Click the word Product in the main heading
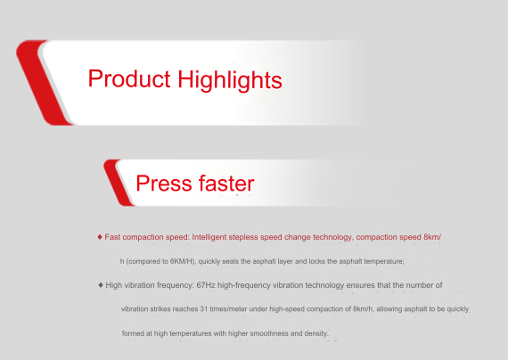coord(129,78)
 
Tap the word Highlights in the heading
coord(230,80)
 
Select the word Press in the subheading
coord(164,184)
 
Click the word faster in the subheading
coord(226,184)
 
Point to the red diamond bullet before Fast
coord(100,237)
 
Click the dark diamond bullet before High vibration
coord(101,285)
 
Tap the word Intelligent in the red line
coord(209,237)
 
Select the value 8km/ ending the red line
coord(432,237)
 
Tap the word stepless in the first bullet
coord(243,237)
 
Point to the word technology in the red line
coord(336,237)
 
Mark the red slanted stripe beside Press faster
coord(119,183)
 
